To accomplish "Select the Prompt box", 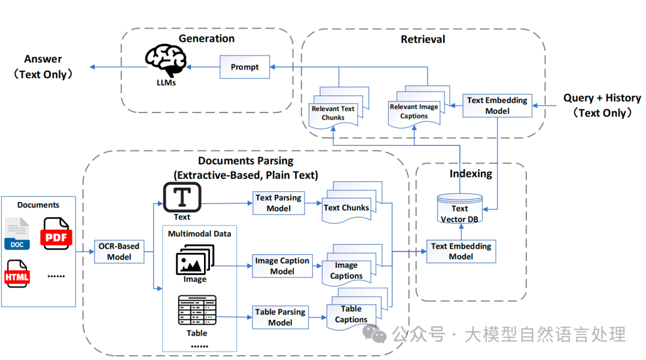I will pos(245,67).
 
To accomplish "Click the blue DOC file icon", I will pos(17,234).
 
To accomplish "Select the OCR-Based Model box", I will pos(119,251).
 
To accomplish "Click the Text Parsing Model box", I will pos(278,203).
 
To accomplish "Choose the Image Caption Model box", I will pos(282,266).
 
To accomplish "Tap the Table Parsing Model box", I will pos(280,317).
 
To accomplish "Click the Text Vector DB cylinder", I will pos(459,209).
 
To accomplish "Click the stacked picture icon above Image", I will pos(194,263).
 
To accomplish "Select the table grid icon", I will pos(197,310).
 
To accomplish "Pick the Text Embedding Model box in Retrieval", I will pos(497,105).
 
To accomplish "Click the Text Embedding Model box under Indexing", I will pos(461,251).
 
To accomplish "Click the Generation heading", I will pos(206,39).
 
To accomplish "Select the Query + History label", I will pos(602,98).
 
